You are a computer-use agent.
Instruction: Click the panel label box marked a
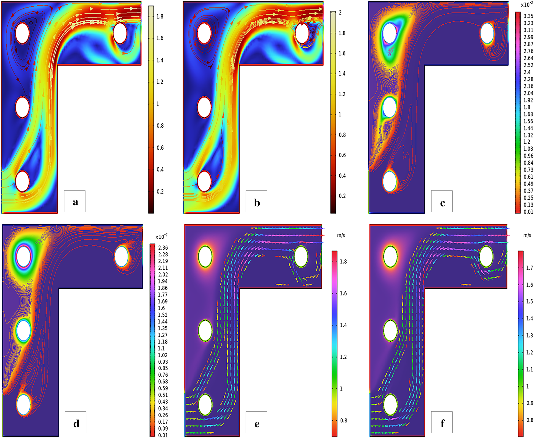(75, 201)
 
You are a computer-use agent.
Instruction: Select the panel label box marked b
(256, 201)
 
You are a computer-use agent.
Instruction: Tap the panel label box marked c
(442, 201)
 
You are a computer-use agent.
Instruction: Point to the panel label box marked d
(76, 422)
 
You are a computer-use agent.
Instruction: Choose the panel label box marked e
(256, 422)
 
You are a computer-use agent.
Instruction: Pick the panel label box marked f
(442, 422)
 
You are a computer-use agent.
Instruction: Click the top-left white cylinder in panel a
(22, 33)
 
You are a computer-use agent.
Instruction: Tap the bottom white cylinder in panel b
(204, 181)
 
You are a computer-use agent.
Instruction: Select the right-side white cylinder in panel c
(487, 33)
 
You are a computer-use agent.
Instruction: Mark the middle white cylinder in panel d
(23, 330)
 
